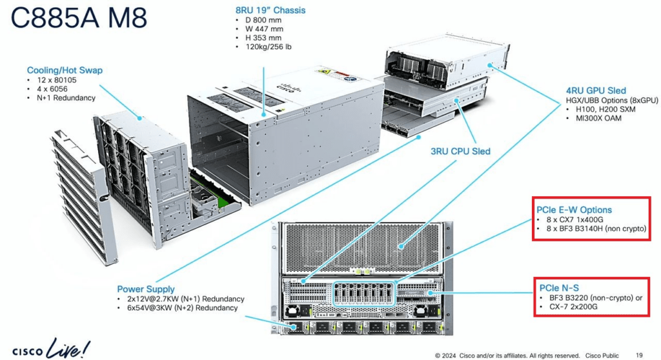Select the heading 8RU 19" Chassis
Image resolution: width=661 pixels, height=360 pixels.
pos(270,10)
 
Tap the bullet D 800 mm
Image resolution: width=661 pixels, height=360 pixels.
pos(263,20)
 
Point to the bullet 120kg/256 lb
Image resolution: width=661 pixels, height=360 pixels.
pos(268,46)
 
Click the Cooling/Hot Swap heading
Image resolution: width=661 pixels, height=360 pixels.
pos(65,70)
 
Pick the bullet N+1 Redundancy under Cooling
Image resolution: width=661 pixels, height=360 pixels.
pos(66,98)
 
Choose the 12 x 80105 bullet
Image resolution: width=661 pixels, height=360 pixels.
pos(57,80)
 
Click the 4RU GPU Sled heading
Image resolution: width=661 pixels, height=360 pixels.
pos(596,90)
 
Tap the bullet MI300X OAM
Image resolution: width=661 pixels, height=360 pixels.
pos(598,118)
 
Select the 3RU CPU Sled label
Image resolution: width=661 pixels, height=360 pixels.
pos(460,152)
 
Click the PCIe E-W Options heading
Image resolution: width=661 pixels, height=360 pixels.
pos(574,210)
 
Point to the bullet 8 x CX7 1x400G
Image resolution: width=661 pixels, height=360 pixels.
pos(575,219)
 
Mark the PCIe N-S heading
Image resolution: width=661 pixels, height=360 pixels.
pos(559,288)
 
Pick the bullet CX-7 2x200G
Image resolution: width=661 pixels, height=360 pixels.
pos(573,306)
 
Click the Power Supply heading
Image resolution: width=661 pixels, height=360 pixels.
pos(145,289)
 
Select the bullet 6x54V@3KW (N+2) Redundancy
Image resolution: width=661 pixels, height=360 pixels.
pos(182,308)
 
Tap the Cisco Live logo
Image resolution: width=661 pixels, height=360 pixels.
pos(51,348)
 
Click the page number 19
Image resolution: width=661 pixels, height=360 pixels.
pos(639,355)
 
